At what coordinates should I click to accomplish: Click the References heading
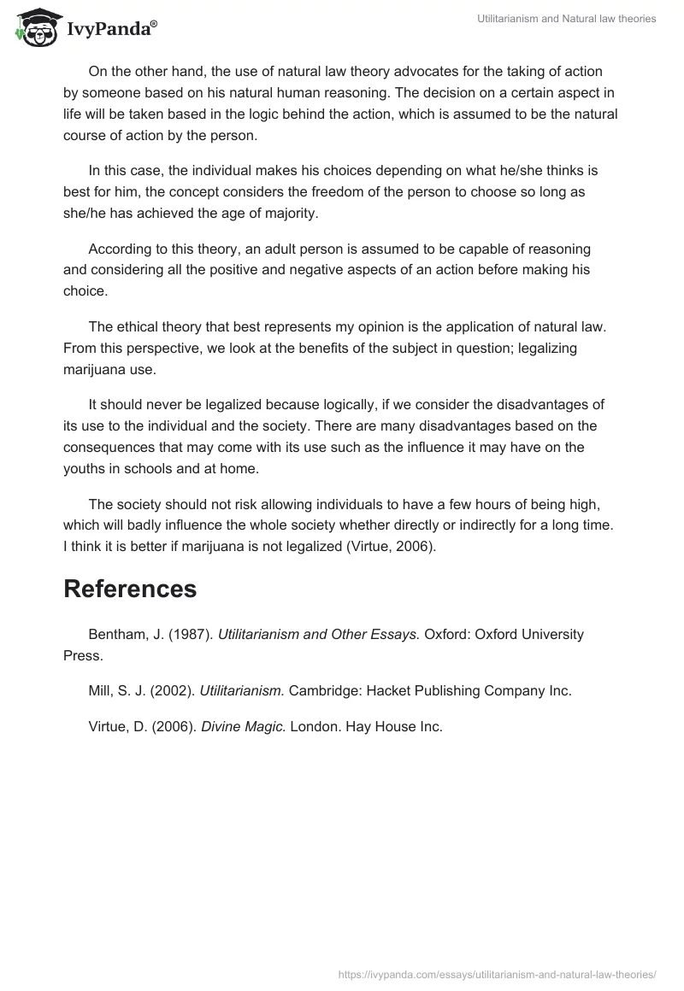[130, 589]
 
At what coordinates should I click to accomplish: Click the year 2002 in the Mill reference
[171, 691]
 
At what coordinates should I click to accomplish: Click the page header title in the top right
[565, 20]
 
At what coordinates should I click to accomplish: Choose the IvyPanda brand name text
[107, 28]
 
